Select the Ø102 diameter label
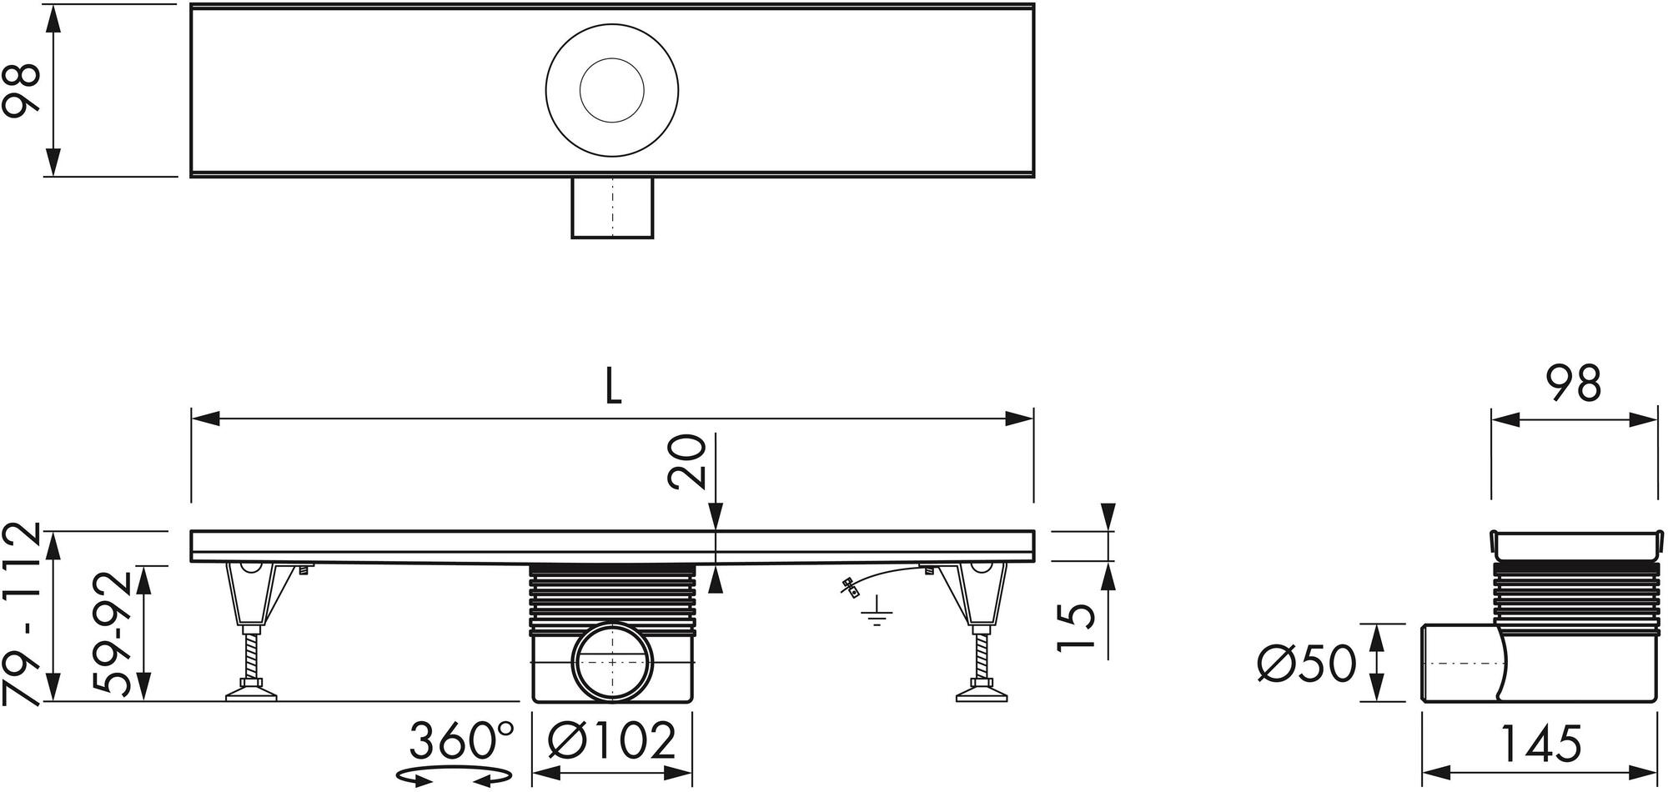coord(612,740)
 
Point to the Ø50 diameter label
coord(1307,665)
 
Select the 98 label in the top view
coord(22,91)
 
